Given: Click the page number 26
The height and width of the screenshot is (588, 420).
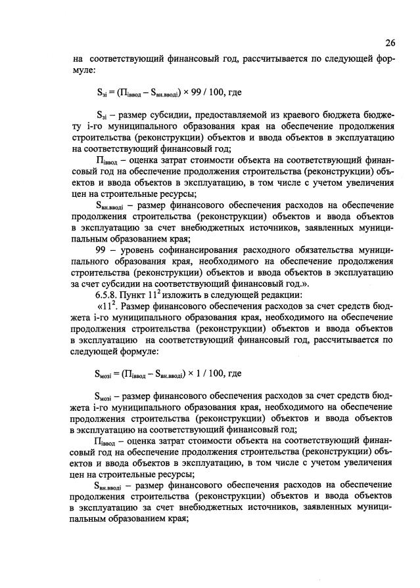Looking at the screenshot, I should coord(390,43).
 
